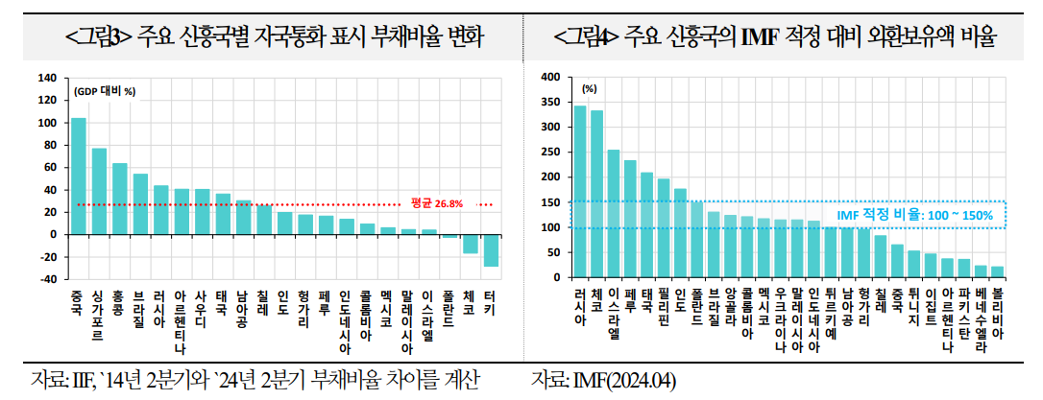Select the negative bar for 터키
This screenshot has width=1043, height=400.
point(491,250)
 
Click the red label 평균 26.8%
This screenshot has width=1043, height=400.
point(437,203)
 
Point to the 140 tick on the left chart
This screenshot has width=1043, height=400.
point(46,78)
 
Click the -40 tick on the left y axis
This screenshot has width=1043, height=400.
point(46,279)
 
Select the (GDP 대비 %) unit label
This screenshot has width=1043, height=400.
point(105,92)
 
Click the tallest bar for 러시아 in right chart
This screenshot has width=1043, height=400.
point(580,192)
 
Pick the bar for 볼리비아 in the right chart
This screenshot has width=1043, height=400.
point(997,272)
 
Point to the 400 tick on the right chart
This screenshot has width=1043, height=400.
point(550,78)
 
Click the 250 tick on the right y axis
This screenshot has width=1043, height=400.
point(550,153)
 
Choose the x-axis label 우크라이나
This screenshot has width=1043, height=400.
point(781,321)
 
